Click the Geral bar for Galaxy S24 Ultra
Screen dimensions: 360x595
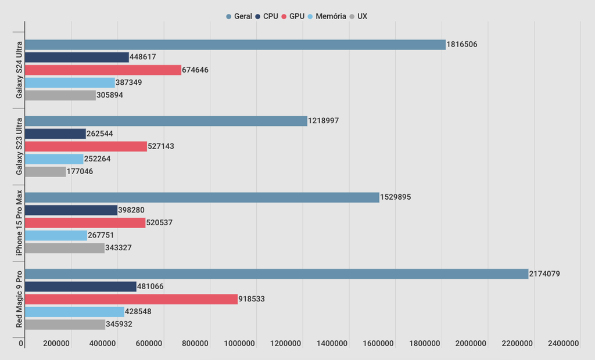(235, 45)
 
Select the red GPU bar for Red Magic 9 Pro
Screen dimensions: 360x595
(131, 299)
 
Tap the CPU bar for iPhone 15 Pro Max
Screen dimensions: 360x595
(71, 210)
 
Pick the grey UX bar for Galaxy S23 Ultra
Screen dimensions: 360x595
(45, 172)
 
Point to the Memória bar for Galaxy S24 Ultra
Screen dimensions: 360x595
(70, 82)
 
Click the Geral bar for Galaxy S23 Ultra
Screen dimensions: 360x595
(166, 121)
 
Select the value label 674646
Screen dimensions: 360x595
(195, 70)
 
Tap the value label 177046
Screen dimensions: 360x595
(80, 172)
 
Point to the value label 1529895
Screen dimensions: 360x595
(396, 197)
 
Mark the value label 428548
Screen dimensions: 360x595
(138, 312)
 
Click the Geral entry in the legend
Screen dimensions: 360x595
(239, 16)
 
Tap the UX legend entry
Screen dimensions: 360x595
(359, 16)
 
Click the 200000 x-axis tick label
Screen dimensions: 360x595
(57, 344)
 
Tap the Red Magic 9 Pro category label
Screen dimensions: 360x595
(19, 299)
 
